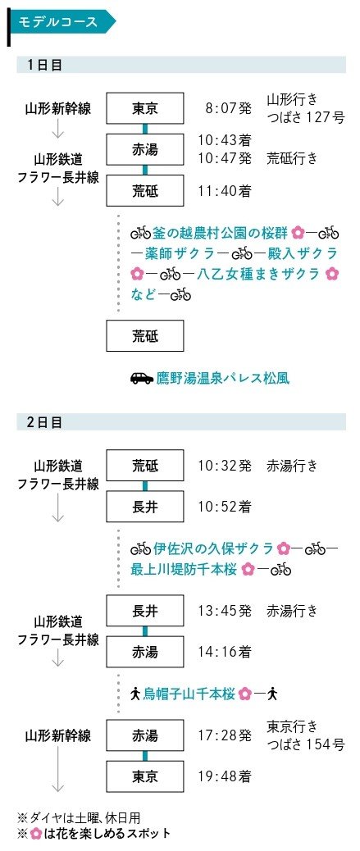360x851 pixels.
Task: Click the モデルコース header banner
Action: point(61,22)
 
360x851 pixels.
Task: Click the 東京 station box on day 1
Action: point(145,108)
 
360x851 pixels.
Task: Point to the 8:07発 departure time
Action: point(229,108)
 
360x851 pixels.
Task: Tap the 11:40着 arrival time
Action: point(225,191)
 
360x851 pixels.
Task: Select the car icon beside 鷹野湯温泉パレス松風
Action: point(142,378)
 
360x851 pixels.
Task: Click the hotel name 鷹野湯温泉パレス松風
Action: point(222,378)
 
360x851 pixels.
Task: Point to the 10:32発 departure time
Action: point(225,466)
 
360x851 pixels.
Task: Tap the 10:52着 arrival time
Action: point(225,507)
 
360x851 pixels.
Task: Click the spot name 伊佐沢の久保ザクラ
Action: point(213,548)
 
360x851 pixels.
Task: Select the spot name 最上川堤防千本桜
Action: point(185,569)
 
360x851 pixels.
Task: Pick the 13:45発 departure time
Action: point(225,611)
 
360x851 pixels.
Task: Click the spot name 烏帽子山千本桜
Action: point(189,694)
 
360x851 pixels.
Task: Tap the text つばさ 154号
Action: point(306,744)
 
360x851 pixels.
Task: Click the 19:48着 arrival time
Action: point(225,776)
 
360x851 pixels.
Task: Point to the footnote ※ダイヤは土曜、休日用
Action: point(80,817)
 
